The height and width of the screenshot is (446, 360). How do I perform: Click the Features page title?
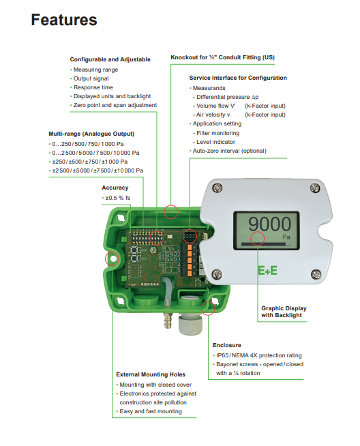[x=64, y=20]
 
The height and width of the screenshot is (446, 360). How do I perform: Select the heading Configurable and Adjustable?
[x=110, y=59]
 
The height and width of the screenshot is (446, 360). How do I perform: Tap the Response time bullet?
[x=93, y=87]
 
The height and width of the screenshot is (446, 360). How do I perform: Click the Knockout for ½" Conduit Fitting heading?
[x=223, y=57]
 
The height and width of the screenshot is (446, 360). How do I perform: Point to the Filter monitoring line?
[x=217, y=133]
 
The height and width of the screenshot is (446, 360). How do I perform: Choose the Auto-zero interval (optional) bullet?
[x=230, y=151]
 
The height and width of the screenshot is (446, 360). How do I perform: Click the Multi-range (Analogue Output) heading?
[x=91, y=134]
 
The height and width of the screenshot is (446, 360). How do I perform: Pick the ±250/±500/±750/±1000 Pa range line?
[x=90, y=162]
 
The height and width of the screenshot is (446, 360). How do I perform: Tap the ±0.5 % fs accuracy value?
[x=118, y=198]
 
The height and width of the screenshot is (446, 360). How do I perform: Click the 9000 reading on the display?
[x=269, y=224]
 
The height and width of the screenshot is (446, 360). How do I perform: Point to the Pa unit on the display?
[x=286, y=237]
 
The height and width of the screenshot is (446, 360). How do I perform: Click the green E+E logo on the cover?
[x=267, y=271]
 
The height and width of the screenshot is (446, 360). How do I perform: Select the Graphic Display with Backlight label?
[x=284, y=312]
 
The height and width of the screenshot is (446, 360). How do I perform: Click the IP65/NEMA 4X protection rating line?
[x=259, y=355]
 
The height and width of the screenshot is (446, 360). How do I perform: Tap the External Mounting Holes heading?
[x=151, y=374]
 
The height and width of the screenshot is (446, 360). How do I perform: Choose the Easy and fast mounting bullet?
[x=151, y=411]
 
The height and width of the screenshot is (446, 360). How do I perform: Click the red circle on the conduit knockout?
[x=171, y=212]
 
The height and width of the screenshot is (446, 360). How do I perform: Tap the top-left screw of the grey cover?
[x=217, y=188]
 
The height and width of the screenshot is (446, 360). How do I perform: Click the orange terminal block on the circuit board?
[x=190, y=260]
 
